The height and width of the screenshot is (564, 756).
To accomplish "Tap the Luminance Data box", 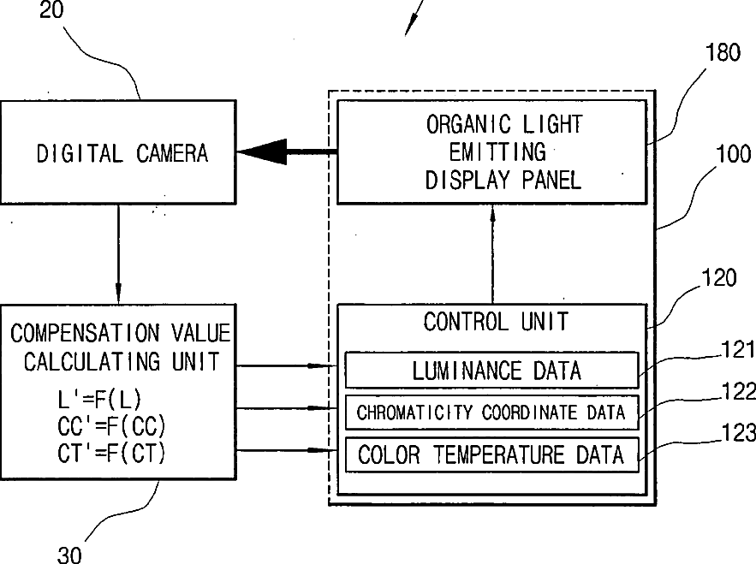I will click(x=491, y=370).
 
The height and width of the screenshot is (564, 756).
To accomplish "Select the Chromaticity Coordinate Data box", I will click(x=491, y=413).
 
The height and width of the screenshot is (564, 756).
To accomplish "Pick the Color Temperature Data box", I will click(x=491, y=454).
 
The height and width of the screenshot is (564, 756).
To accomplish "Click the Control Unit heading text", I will click(x=496, y=322).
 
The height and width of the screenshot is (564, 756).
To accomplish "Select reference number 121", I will click(x=738, y=349).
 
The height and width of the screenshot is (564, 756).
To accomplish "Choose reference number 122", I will click(x=738, y=391).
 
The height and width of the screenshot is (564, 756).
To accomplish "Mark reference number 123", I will click(x=738, y=433).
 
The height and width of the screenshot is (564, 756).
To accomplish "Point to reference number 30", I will click(x=69, y=555).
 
